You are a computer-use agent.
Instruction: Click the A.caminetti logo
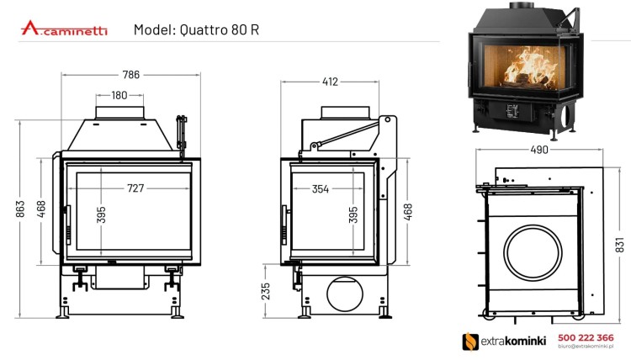[x=64, y=29]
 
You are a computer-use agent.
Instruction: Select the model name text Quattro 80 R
[x=196, y=29]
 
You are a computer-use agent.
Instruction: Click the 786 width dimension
[x=130, y=75]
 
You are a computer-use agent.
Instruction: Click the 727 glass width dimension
[x=135, y=188]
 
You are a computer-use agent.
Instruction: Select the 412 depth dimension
[x=330, y=82]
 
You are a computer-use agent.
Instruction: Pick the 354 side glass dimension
[x=320, y=188]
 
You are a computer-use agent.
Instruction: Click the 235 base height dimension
[x=266, y=291]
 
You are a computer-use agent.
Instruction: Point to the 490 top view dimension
[x=538, y=150]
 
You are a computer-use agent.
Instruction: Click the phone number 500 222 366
[x=586, y=336]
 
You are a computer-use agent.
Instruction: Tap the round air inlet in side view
[x=342, y=294]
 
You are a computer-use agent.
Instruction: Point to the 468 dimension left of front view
[x=41, y=207]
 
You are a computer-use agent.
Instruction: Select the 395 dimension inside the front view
[x=101, y=215]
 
